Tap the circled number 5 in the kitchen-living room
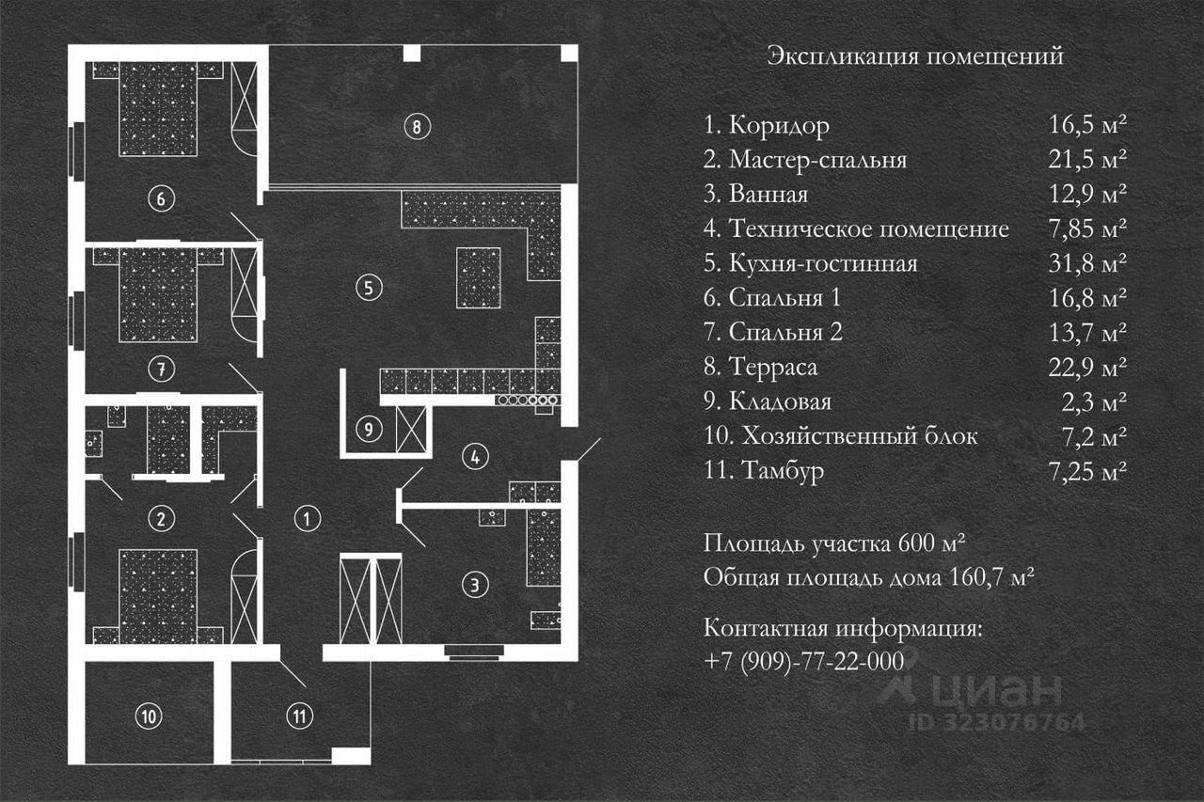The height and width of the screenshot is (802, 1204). pyautogui.click(x=371, y=287)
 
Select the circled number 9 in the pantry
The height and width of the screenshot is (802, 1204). pyautogui.click(x=371, y=430)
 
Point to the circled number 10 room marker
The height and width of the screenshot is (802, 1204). pyautogui.click(x=148, y=716)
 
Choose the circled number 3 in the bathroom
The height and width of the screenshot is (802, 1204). pyautogui.click(x=476, y=585)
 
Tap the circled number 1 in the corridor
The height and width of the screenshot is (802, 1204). pyautogui.click(x=305, y=517)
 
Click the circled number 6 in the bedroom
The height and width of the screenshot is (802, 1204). pyautogui.click(x=161, y=198)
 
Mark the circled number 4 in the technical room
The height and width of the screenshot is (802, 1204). pyautogui.click(x=476, y=458)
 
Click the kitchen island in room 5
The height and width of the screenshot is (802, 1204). pyautogui.click(x=479, y=277)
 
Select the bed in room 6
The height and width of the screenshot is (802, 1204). pyautogui.click(x=159, y=108)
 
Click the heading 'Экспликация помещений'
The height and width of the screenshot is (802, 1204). pyautogui.click(x=915, y=56)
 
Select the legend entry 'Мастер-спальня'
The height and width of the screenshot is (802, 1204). pyautogui.click(x=817, y=160)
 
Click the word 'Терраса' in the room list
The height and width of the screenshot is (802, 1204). pyautogui.click(x=773, y=367)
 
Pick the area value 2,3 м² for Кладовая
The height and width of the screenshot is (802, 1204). pyautogui.click(x=1100, y=402)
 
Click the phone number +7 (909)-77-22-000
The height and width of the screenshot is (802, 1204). pyautogui.click(x=803, y=661)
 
